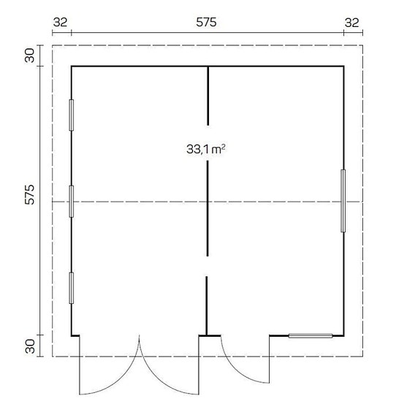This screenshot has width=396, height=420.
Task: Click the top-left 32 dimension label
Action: pos(60,23)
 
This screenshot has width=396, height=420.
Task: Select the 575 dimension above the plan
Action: pos(206,23)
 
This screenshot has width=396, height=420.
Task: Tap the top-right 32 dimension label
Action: pos(351,23)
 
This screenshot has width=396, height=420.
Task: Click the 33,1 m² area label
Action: pos(205,149)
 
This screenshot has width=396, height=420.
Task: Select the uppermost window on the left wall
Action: pos(71,115)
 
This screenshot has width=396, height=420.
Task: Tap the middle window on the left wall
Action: pos(71,201)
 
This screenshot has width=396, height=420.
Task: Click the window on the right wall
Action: pos(343,201)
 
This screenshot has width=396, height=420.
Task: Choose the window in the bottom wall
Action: pos(311,336)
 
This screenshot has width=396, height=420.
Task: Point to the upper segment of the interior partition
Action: pos(208,95)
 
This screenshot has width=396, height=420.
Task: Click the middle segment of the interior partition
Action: pos(208,208)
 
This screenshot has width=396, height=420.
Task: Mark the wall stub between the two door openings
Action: pos(210,336)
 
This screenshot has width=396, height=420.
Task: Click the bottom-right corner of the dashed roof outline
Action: pos(362,356)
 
